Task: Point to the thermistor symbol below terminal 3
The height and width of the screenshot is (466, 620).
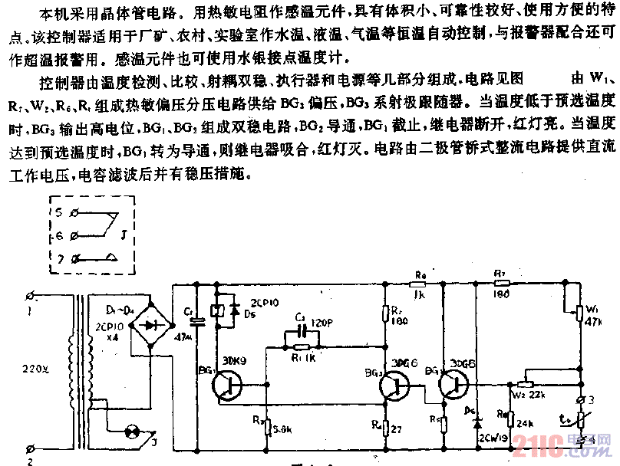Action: tap(581, 419)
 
